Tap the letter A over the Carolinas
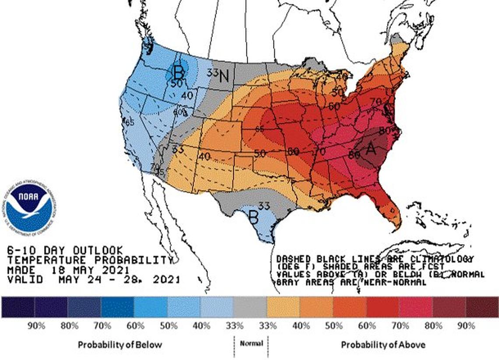[371, 149]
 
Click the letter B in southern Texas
[253, 216]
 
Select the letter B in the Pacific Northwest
[178, 71]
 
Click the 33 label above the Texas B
[264, 205]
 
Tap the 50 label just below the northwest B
[176, 83]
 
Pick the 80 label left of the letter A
[354, 154]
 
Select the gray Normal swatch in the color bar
[249, 307]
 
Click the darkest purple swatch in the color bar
[18, 307]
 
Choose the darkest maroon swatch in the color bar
[481, 307]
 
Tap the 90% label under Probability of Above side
[466, 326]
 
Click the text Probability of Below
[119, 345]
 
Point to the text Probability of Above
[383, 345]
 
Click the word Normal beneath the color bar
[251, 343]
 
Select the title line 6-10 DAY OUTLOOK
[65, 251]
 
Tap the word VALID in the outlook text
[25, 279]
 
